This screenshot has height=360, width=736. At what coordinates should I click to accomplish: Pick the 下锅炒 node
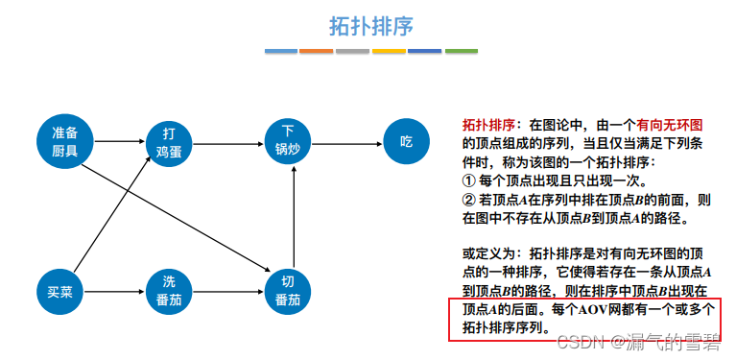287,141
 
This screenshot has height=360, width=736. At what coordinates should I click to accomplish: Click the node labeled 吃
406,141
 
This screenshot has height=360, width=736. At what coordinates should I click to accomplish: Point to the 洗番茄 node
169,290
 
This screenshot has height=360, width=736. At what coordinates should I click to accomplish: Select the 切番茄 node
287,290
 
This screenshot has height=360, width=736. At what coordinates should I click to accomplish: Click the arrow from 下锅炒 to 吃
346,142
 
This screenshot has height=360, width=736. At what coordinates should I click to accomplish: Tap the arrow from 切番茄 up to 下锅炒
287,215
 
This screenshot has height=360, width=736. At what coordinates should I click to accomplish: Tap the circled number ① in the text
469,180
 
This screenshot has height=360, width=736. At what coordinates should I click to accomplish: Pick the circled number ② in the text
469,200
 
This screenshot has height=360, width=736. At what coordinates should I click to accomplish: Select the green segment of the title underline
461,51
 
